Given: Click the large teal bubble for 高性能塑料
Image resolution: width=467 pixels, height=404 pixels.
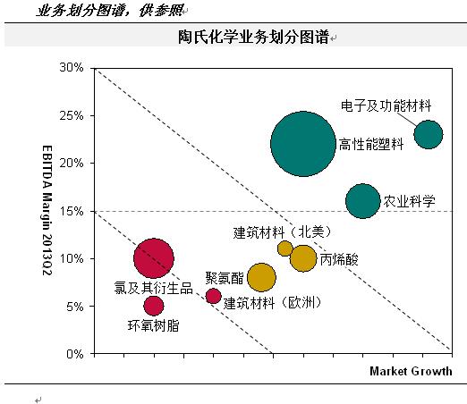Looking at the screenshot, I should click(303, 144).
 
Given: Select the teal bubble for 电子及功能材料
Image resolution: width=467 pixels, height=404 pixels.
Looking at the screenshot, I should click(428, 134).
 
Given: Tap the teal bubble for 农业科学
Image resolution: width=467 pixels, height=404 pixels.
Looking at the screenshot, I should click(362, 201).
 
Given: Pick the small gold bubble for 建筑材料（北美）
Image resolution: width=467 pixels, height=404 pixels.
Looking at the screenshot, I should click(285, 248).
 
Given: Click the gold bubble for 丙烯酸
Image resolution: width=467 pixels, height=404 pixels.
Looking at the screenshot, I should click(304, 258).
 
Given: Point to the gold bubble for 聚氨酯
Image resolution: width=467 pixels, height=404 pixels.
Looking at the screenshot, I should click(261, 278).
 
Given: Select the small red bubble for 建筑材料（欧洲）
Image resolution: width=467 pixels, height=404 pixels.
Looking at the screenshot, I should click(213, 296).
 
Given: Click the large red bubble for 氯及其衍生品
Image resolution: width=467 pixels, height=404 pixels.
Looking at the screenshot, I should click(153, 259).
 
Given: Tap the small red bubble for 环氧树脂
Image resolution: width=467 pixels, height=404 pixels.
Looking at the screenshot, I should click(154, 306).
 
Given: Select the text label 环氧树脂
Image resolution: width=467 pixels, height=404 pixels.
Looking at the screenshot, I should click(153, 326).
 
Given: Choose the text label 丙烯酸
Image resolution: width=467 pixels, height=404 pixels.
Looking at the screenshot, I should click(338, 260).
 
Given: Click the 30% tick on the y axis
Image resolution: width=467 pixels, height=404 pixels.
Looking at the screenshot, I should click(72, 68).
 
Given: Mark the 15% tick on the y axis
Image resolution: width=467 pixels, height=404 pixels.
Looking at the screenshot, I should click(72, 211).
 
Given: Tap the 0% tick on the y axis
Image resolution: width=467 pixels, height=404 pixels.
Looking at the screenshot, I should click(75, 354).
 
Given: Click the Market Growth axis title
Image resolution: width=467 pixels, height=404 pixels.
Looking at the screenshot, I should click(411, 371).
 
